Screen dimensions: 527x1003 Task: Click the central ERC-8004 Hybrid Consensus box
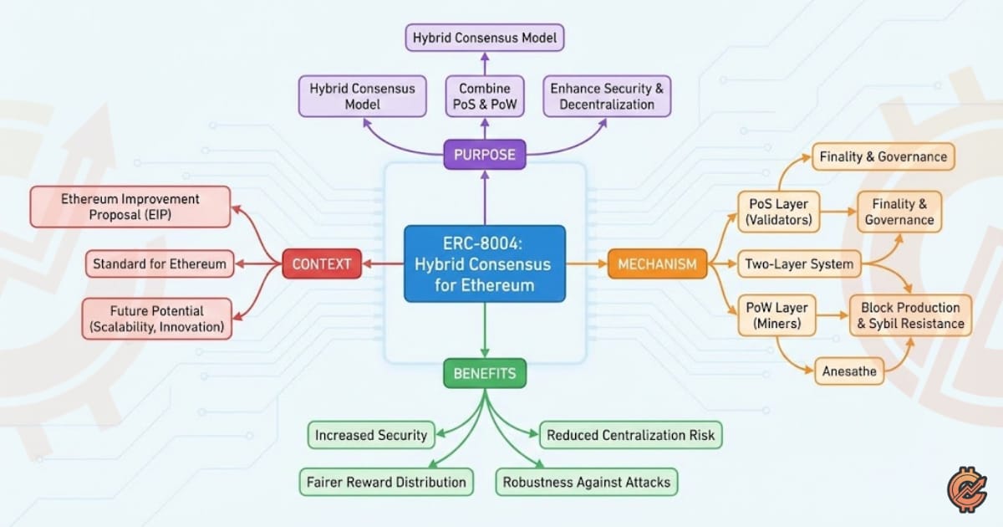tap(484, 263)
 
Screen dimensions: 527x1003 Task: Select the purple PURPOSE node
tap(484, 154)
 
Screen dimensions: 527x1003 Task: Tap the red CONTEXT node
tap(322, 264)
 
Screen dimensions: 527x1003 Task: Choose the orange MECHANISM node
tap(657, 264)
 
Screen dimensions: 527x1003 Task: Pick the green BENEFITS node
tap(484, 373)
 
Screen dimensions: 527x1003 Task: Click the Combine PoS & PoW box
tap(484, 96)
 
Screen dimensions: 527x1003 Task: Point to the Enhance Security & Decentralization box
tap(607, 96)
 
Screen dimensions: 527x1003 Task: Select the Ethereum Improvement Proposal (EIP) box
tap(130, 207)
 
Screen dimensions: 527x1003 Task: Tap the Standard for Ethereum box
tap(160, 264)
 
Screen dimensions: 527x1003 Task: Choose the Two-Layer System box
tap(799, 264)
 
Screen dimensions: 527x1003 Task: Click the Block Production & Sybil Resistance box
tap(911, 315)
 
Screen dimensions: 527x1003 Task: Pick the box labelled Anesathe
tap(849, 371)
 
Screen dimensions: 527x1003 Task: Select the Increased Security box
tap(371, 435)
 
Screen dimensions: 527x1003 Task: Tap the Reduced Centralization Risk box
tap(629, 435)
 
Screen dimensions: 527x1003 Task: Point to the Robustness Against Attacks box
tap(587, 482)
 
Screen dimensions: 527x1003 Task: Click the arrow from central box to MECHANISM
tap(585, 264)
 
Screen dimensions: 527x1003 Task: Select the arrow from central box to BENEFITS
tap(484, 331)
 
